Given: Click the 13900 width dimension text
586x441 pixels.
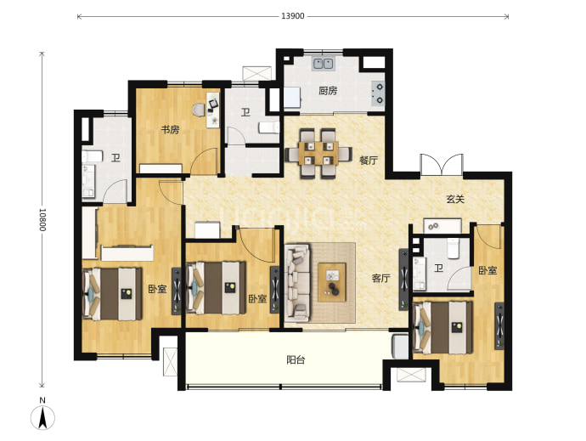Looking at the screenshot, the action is tap(293, 16).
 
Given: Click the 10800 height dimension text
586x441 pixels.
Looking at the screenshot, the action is tap(42, 219).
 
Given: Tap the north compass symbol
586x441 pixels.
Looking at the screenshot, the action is tap(42, 415).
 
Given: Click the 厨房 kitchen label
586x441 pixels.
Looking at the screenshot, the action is tap(328, 91).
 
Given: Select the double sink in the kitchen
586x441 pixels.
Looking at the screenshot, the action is tap(323, 64).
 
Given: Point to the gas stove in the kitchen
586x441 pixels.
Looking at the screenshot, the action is tap(378, 93).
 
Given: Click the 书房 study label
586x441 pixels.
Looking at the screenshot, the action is tap(170, 130).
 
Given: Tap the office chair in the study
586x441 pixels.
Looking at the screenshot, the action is tap(199, 110).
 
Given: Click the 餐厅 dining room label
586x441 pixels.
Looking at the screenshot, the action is tap(369, 161).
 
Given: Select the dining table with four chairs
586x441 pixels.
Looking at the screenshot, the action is tap(318, 153).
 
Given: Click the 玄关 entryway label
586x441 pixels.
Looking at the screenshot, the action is tap(455, 199).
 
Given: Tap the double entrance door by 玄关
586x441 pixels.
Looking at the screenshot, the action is tap(442, 165).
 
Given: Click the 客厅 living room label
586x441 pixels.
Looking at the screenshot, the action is tap(380, 278).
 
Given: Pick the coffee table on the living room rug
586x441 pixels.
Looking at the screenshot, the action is tap(332, 282).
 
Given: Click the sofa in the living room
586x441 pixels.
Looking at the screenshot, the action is tap(297, 283).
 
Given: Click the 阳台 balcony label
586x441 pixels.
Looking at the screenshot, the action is tap(296, 359).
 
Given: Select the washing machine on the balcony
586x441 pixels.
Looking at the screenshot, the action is tap(400, 347).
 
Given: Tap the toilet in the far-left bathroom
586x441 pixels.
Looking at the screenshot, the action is tap(92, 156).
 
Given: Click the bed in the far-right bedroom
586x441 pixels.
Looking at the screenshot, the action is tap(442, 327).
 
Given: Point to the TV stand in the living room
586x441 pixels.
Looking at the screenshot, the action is tap(404, 280).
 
